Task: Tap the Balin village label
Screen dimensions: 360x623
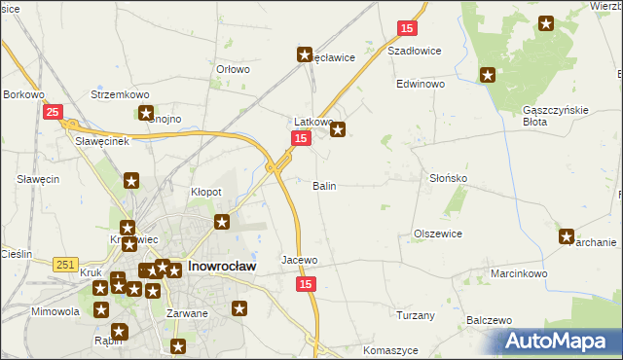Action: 324,185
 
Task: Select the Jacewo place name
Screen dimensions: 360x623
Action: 300,261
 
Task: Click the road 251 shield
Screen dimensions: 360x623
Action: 65,265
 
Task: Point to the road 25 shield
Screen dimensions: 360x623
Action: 54,113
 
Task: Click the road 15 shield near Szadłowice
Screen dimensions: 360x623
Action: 407,28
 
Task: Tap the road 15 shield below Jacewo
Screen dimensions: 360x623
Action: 307,283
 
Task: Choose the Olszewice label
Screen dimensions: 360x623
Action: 437,234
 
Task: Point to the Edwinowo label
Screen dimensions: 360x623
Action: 420,85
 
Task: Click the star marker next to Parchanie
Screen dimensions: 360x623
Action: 567,235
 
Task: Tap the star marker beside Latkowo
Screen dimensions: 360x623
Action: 338,127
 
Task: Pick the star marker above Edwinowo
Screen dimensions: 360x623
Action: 487,74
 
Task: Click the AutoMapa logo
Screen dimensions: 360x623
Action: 559,341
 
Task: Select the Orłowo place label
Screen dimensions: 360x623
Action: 233,69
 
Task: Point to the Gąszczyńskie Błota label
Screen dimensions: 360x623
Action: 556,116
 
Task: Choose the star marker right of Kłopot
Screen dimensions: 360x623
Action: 222,222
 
